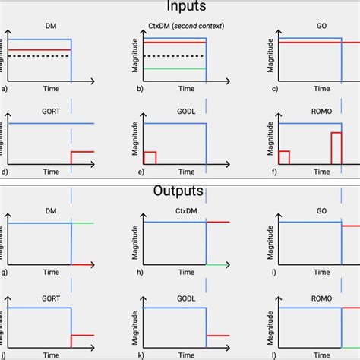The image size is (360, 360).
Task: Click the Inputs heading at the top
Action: tap(180, 7)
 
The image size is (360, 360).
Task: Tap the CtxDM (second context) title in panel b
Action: tap(179, 26)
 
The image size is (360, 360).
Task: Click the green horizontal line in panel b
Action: tap(174, 69)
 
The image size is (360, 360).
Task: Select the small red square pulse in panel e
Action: tap(150, 158)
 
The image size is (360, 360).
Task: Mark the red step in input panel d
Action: tap(82, 152)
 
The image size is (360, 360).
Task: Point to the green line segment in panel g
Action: tap(83, 223)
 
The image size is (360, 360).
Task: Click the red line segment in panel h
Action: tap(218, 223)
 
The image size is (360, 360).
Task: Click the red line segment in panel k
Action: tap(218, 334)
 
